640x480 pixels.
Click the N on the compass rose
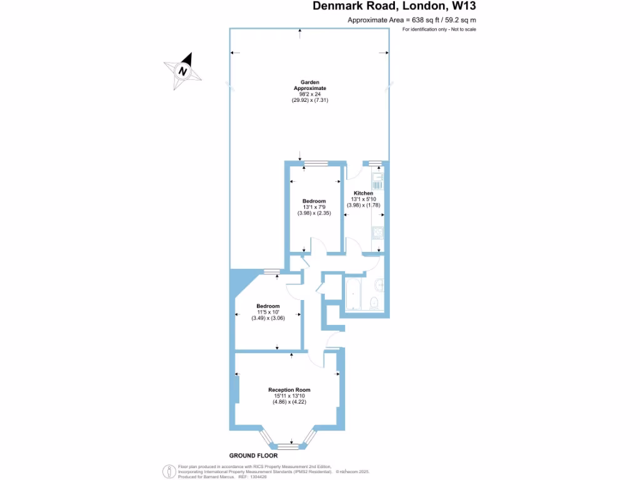tap(183, 71)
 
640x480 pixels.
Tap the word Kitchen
tap(363, 193)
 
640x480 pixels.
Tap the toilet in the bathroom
tap(374, 303)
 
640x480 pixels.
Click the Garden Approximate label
tap(310, 86)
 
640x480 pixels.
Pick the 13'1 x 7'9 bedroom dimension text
tap(315, 207)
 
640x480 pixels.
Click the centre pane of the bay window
tap(288, 446)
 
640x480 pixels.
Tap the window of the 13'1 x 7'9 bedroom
tap(316, 164)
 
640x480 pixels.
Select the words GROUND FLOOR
tap(253, 456)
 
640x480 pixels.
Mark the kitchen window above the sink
tap(375, 164)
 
